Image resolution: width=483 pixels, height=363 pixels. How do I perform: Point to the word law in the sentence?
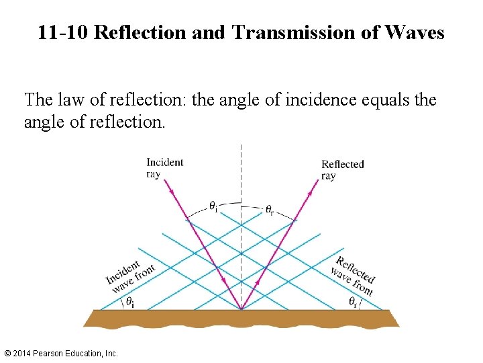pyautogui.click(x=69, y=100)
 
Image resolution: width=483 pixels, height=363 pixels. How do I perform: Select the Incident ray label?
pyautogui.click(x=164, y=167)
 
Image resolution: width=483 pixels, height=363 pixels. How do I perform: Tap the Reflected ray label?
pyautogui.click(x=342, y=169)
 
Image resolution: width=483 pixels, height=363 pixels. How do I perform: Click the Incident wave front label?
pyautogui.click(x=130, y=275)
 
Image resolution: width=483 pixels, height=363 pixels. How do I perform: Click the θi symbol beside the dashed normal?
pyautogui.click(x=213, y=207)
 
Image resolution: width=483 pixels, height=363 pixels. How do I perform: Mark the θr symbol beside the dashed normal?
pyautogui.click(x=269, y=210)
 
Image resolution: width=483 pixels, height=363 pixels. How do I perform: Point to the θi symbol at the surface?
pyautogui.click(x=129, y=302)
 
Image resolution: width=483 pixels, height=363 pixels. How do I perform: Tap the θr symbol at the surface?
pyautogui.click(x=352, y=302)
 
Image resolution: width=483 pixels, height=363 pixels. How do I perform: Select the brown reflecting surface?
pyautogui.click(x=241, y=318)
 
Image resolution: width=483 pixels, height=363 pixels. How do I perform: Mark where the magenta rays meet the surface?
pyautogui.click(x=241, y=310)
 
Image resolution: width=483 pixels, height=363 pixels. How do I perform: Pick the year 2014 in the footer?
pyautogui.click(x=22, y=353)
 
